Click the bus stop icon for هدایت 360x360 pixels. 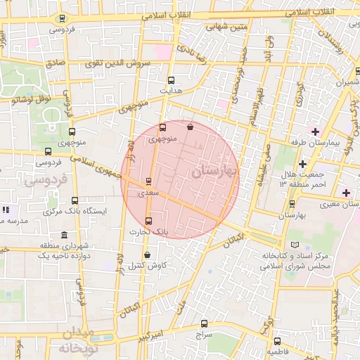tap(172, 80)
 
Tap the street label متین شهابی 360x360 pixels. tap(226, 27)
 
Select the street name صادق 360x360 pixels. tap(56, 63)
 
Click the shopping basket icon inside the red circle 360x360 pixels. tap(191, 127)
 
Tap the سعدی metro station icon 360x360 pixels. tap(148, 181)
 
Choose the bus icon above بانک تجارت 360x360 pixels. tap(148, 220)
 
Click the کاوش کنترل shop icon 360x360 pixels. tap(147, 255)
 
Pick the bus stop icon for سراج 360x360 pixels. tap(205, 324)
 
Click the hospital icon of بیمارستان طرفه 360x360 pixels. tap(314, 131)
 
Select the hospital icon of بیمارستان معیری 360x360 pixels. tap(345, 193)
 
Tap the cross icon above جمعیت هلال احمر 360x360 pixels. tap(302, 164)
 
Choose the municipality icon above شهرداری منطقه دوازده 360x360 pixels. tap(65, 235)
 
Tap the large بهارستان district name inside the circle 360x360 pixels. tap(214, 170)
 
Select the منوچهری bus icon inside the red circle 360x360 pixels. tap(162, 128)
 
